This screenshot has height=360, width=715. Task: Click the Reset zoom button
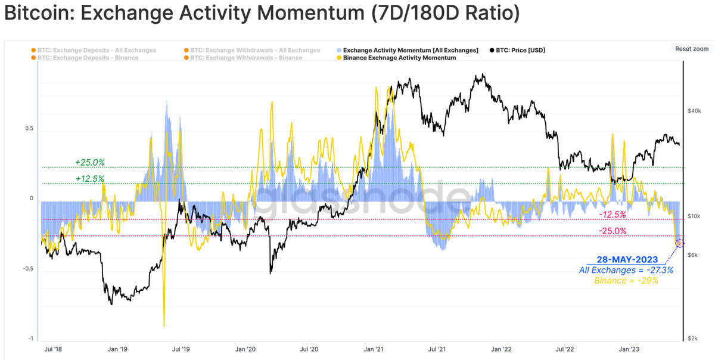click(691, 49)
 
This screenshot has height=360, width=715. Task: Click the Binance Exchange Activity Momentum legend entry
click(399, 58)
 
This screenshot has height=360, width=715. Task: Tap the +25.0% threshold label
click(90, 162)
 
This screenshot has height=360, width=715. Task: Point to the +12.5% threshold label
click(90, 178)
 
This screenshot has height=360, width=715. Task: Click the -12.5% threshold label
click(612, 215)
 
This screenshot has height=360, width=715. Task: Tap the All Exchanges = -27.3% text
click(626, 270)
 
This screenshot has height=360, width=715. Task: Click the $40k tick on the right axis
click(695, 111)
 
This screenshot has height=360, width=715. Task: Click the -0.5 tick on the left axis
click(27, 269)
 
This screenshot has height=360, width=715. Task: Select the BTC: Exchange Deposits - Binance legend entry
click(88, 58)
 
